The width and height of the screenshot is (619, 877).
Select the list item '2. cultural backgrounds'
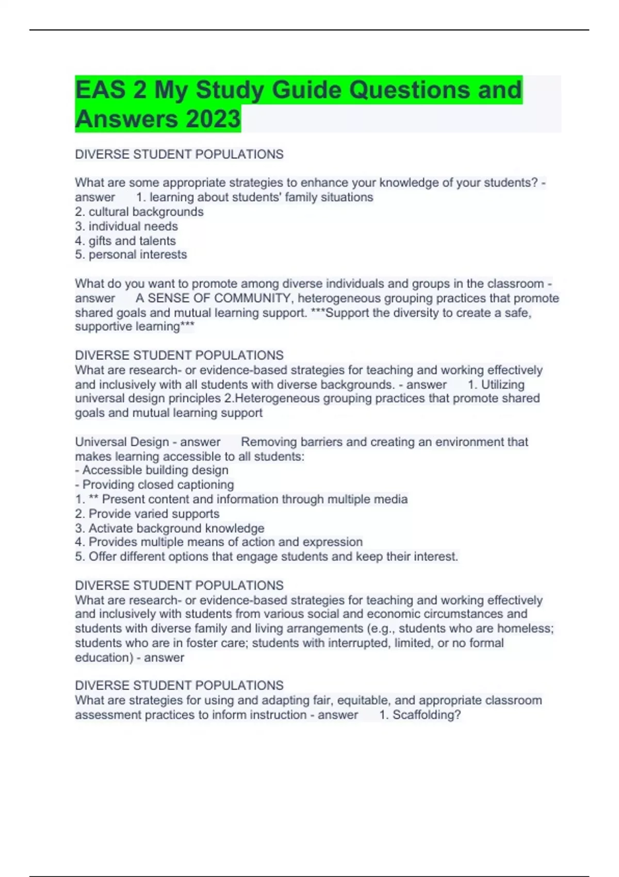click(x=139, y=212)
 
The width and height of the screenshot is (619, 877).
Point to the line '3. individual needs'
click(x=126, y=226)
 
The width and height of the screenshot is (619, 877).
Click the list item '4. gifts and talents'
click(x=125, y=240)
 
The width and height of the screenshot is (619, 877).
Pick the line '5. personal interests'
click(x=131, y=254)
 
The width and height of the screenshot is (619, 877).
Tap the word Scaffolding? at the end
click(x=427, y=714)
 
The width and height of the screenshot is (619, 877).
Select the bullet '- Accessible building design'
click(x=152, y=470)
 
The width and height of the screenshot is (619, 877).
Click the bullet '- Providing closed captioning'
click(x=154, y=484)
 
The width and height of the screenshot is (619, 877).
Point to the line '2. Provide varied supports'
click(x=147, y=513)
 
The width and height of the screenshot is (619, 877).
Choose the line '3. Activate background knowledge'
click(x=169, y=528)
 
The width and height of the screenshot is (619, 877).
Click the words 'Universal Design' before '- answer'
click(x=122, y=442)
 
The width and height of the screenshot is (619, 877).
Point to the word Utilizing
click(x=502, y=384)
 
